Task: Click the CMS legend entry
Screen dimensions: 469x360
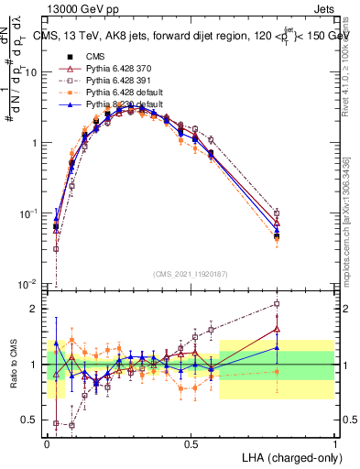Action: click(108, 56)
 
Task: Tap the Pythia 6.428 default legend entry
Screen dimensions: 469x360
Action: click(132, 94)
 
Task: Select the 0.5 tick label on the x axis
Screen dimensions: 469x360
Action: click(191, 442)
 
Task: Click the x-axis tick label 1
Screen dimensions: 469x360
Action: click(334, 442)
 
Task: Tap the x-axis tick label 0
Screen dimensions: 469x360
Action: click(47, 442)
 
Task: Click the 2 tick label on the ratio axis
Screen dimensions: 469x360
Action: click(35, 309)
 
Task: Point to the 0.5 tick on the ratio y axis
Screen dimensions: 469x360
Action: click(30, 420)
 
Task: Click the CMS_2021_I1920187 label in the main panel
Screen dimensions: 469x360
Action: click(191, 273)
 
